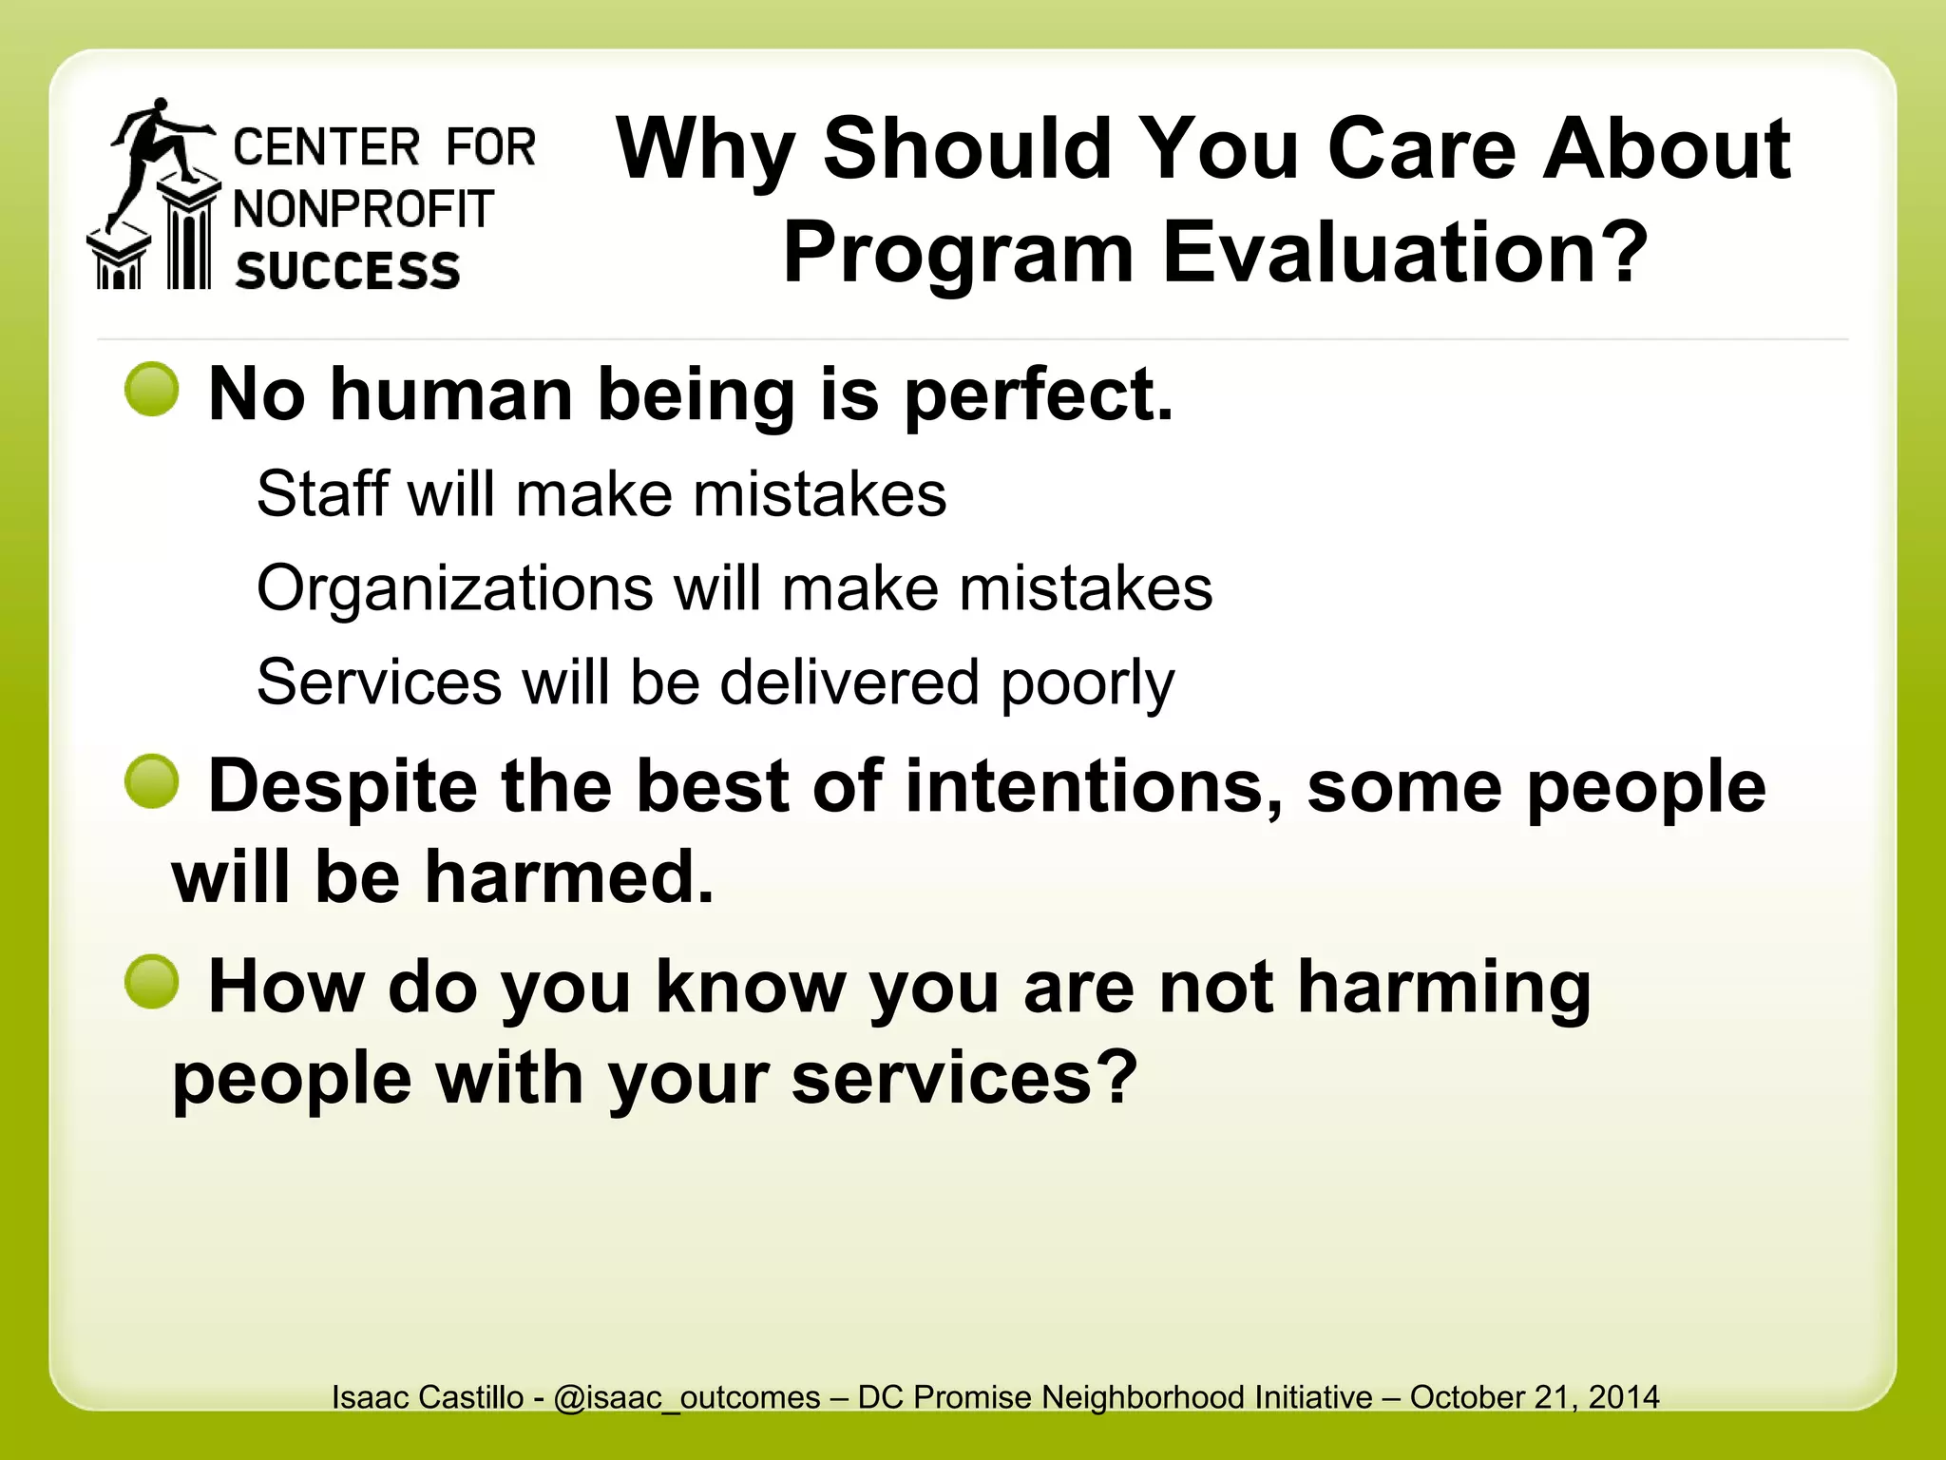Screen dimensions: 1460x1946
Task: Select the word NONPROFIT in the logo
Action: coord(364,209)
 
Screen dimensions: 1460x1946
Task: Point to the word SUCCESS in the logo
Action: coord(348,271)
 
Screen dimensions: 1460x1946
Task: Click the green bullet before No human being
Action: coord(152,390)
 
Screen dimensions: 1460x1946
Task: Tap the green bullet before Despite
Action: coord(152,781)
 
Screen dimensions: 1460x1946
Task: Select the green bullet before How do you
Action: coord(152,982)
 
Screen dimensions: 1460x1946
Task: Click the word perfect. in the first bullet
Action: coord(1039,395)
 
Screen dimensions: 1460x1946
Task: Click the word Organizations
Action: coord(454,589)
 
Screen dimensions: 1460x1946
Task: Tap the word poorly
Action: coord(1088,684)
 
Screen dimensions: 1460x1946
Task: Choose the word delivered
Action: coord(849,682)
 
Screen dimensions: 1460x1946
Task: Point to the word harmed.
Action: coord(568,876)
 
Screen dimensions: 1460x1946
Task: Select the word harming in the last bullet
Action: coord(1444,989)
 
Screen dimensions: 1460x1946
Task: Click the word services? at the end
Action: coord(964,1079)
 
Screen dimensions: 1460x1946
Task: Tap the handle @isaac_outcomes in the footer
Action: coord(686,1397)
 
